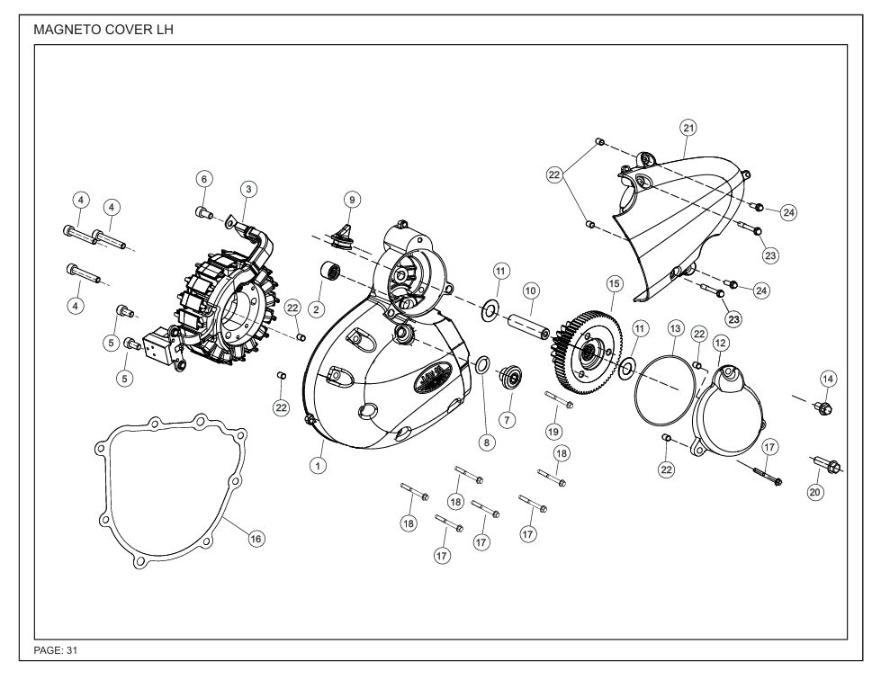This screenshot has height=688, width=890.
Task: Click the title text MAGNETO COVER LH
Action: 103,30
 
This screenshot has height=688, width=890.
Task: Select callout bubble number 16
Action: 256,539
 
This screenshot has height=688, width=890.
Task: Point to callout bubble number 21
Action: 688,129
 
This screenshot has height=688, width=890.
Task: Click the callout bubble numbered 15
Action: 614,283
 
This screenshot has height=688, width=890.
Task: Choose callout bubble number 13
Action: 675,330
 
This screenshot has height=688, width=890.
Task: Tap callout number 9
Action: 352,199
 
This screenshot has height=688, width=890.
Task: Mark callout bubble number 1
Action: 317,465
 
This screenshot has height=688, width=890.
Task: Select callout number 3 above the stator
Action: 248,189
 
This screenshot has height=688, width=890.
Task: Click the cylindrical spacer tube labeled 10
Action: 526,320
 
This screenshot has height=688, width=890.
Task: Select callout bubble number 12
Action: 720,343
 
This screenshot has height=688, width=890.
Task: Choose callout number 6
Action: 204,180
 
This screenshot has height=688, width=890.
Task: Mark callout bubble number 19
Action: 554,431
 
